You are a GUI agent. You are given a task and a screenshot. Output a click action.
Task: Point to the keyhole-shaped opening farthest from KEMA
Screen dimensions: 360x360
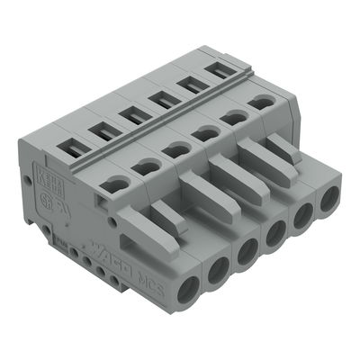click(261, 103)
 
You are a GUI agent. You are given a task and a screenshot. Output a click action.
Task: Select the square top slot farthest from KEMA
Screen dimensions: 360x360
click(215, 67)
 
